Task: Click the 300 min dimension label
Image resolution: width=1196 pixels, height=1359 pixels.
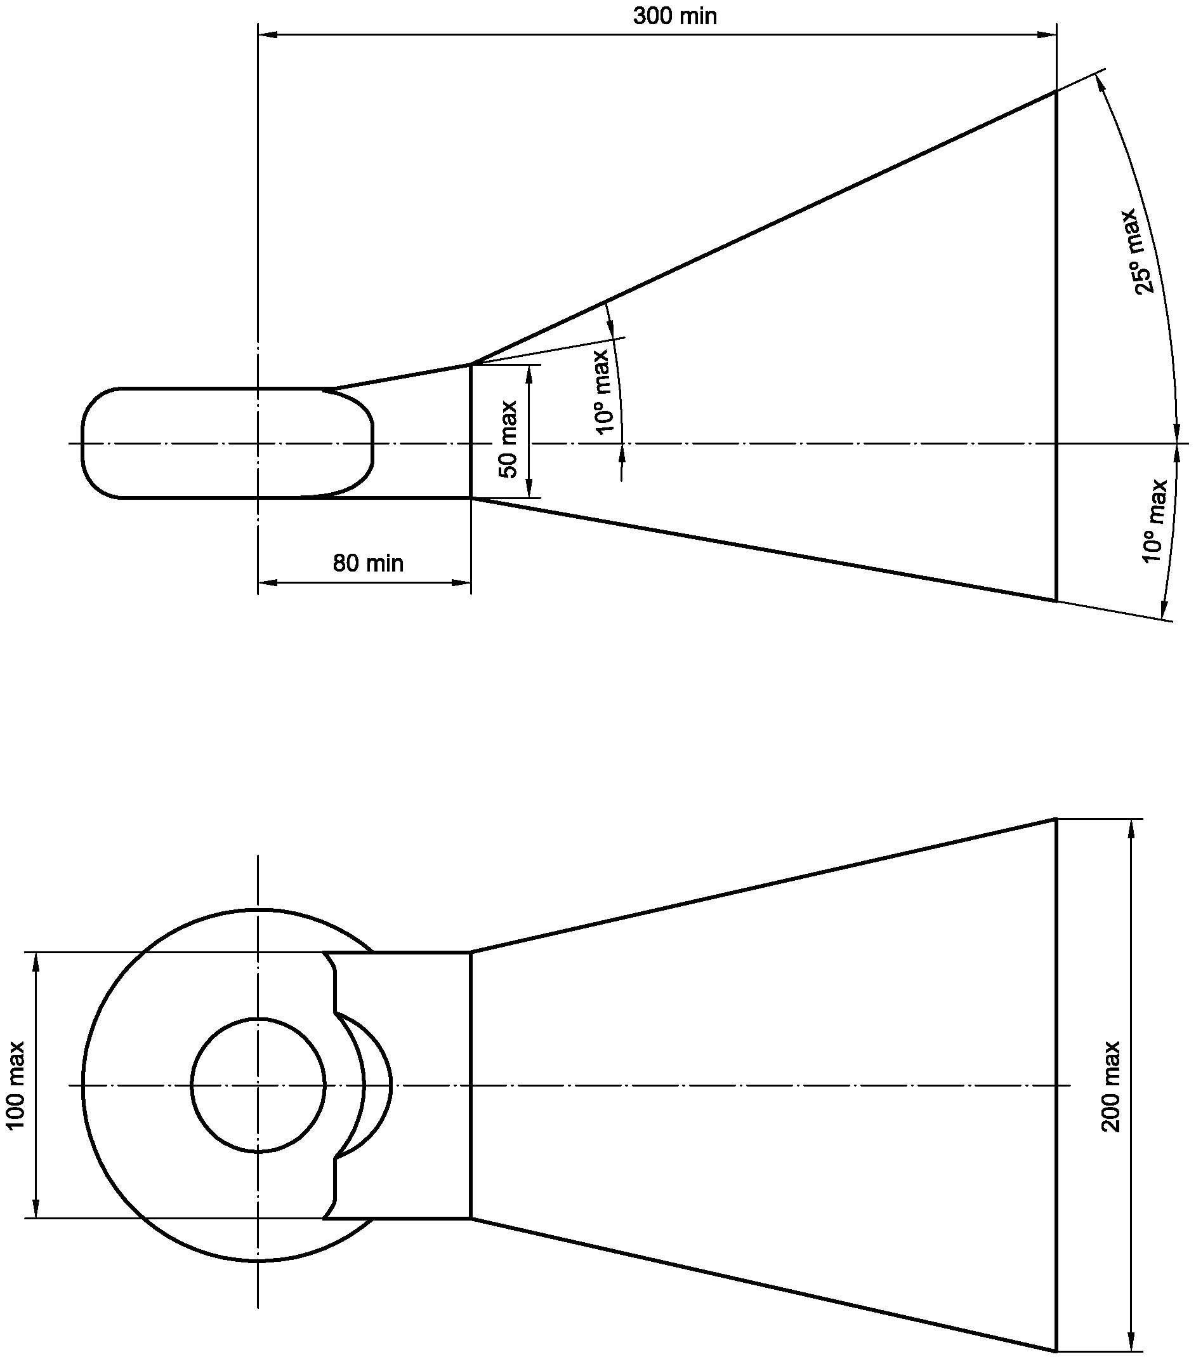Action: (x=675, y=16)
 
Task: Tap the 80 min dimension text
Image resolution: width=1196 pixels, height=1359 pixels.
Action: (x=368, y=564)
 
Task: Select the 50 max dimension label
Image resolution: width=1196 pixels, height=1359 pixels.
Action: (x=509, y=439)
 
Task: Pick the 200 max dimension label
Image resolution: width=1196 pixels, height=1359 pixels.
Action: (x=1111, y=1087)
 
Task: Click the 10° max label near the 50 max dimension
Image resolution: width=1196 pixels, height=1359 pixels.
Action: (x=603, y=392)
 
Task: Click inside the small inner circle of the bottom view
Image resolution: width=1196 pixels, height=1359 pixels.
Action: (x=258, y=1085)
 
